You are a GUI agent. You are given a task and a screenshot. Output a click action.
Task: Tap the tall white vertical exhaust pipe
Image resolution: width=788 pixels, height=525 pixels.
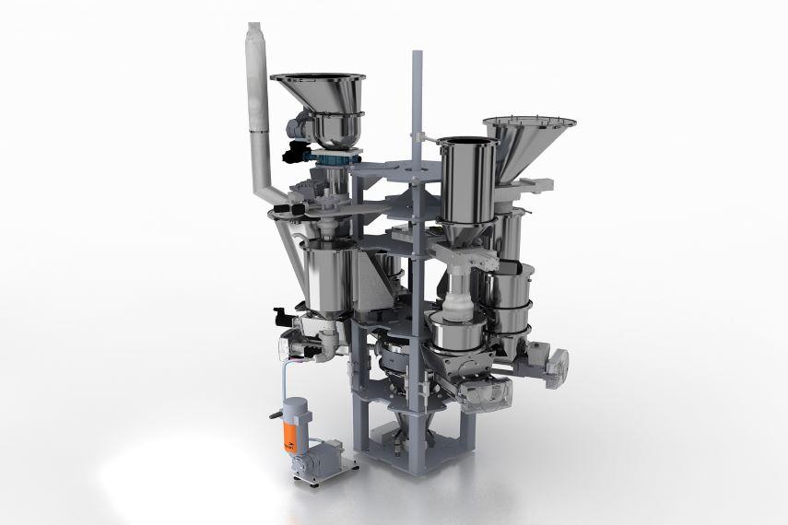pos(255,101)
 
